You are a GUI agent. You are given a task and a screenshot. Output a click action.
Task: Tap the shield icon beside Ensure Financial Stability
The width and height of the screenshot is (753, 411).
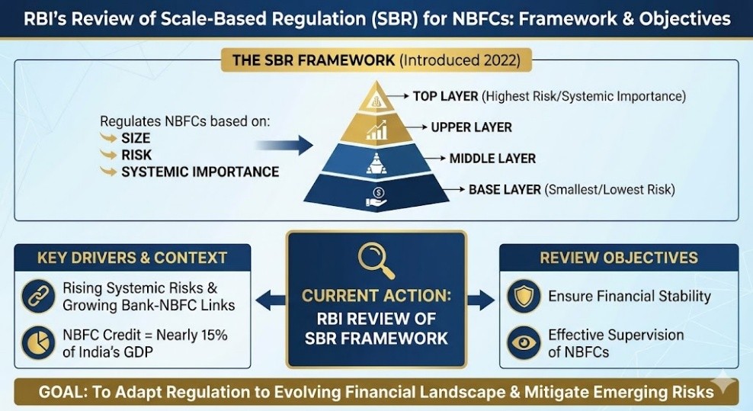524,297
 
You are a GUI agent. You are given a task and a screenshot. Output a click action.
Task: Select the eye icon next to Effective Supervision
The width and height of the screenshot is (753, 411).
524,342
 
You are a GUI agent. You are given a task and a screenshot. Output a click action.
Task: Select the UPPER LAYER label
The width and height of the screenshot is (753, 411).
471,127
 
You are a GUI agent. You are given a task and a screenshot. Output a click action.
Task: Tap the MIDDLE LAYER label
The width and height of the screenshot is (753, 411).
492,159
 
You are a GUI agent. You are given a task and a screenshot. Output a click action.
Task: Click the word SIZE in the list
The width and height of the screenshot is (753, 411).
136,138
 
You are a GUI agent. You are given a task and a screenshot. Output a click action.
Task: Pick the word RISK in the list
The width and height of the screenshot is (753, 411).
136,155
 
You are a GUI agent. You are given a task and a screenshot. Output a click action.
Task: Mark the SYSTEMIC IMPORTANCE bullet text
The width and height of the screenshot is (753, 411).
200,172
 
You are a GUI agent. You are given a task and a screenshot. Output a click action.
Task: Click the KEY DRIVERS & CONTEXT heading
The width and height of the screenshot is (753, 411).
132,258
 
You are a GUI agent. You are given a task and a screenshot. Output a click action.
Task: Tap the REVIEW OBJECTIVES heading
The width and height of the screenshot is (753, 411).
619,258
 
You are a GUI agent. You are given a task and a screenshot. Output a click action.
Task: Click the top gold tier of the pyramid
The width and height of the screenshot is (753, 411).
376,98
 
